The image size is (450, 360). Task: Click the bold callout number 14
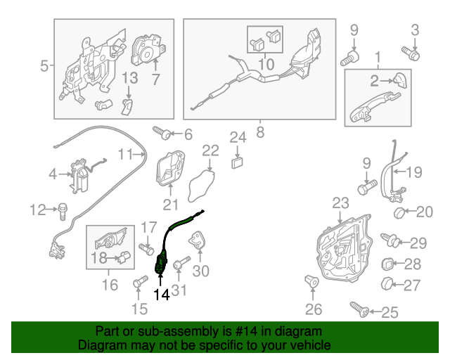(162, 295)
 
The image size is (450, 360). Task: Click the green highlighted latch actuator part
(161, 266)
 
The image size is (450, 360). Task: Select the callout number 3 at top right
(415, 30)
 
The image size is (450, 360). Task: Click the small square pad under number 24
(238, 162)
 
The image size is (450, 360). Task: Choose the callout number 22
(211, 150)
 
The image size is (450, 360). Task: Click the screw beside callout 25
(359, 308)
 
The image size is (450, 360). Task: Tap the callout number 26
(312, 309)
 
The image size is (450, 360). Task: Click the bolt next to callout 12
(63, 209)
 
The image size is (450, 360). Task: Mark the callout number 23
(340, 203)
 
